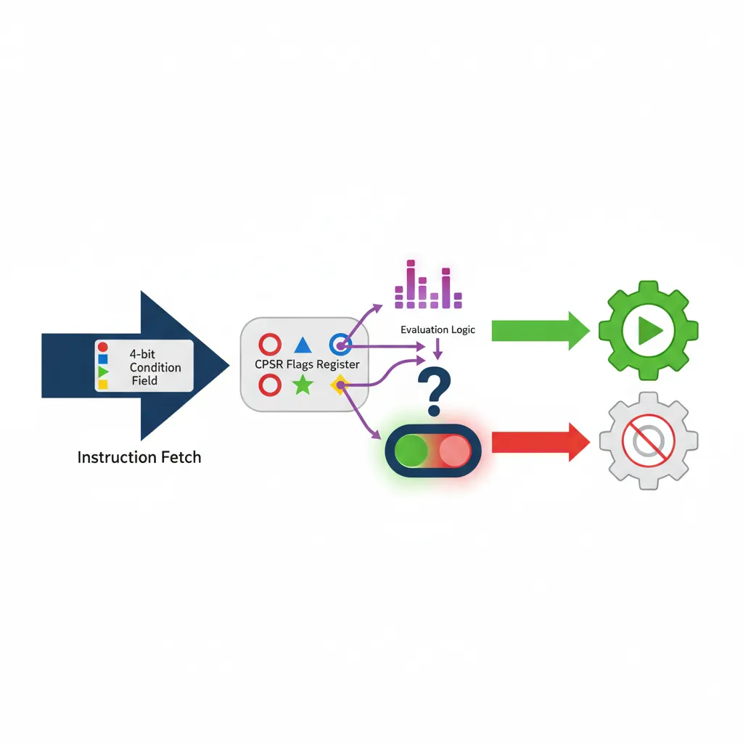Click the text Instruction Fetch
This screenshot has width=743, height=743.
(x=139, y=458)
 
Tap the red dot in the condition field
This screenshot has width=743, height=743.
(x=102, y=348)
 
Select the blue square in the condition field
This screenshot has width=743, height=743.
(x=102, y=359)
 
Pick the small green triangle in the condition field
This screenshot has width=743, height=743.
(x=102, y=371)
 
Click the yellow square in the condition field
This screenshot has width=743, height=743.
(x=102, y=384)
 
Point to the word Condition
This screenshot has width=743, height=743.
(x=155, y=368)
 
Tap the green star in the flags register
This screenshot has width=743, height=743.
(x=302, y=385)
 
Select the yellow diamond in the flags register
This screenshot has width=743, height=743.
(x=337, y=385)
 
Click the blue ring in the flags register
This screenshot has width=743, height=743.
(x=340, y=345)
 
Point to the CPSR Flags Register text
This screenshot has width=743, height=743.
(x=303, y=364)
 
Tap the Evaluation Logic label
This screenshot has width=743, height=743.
(x=438, y=330)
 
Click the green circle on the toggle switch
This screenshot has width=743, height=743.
(x=411, y=451)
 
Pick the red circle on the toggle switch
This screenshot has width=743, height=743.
(x=455, y=451)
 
